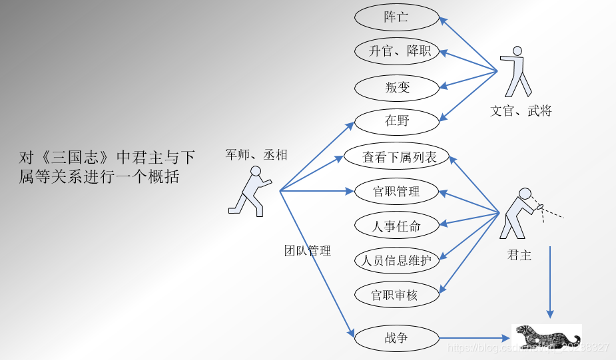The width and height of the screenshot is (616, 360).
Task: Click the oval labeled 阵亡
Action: (397, 17)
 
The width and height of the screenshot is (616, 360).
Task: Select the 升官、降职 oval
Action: (397, 51)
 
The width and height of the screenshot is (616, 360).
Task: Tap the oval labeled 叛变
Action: (397, 87)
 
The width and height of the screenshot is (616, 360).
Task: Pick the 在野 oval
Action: (397, 121)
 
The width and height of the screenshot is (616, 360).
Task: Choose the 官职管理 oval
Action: (397, 192)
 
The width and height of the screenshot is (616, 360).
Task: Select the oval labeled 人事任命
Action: (397, 226)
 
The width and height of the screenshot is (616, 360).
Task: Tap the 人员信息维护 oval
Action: (397, 260)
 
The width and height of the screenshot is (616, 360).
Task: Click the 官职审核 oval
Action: (397, 295)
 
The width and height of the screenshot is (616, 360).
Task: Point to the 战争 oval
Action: (397, 337)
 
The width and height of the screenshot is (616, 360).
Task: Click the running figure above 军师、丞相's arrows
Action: (250, 191)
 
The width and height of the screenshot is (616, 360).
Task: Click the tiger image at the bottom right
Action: (546, 336)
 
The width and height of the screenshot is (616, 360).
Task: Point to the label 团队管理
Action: (307, 251)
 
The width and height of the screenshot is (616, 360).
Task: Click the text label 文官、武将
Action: (521, 111)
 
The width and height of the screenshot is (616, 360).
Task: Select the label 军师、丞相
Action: (256, 155)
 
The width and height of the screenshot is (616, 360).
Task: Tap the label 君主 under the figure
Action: (519, 254)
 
